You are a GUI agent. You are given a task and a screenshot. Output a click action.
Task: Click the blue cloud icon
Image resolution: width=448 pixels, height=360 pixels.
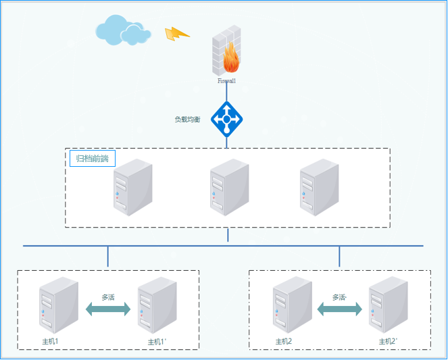[x=122, y=30]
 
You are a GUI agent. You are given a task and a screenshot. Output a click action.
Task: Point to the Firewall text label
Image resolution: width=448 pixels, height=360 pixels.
[x=226, y=80]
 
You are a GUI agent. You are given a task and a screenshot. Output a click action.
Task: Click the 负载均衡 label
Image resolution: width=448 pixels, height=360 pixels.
[x=187, y=120]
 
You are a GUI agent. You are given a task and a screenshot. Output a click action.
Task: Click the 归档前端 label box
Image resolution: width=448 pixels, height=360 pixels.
[x=93, y=159]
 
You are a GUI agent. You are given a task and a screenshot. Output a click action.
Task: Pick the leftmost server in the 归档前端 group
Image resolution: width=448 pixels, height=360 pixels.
[x=132, y=186]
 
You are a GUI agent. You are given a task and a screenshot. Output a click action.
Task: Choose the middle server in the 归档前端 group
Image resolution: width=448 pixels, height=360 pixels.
[x=229, y=187]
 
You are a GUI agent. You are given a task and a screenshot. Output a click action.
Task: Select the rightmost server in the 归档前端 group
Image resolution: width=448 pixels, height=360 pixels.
[x=318, y=186]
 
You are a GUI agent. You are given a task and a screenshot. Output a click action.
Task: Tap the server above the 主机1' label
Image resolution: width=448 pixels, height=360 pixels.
[x=157, y=306]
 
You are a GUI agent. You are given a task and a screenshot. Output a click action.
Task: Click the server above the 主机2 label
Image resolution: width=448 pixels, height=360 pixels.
[x=292, y=305]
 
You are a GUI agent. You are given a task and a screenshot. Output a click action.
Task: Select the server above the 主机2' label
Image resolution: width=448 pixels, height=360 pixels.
[x=388, y=306]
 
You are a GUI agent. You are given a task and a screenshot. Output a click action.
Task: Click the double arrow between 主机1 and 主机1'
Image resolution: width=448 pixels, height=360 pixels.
[x=108, y=309]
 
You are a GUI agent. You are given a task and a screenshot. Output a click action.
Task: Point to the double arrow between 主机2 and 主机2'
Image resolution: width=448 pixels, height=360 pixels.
[x=340, y=309]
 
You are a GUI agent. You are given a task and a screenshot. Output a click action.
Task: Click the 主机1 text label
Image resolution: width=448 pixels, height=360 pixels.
[x=51, y=341]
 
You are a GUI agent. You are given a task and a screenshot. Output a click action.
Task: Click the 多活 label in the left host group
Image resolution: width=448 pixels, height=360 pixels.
[x=108, y=297]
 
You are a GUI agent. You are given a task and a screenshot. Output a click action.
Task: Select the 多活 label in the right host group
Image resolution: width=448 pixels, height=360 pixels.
[x=339, y=297]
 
